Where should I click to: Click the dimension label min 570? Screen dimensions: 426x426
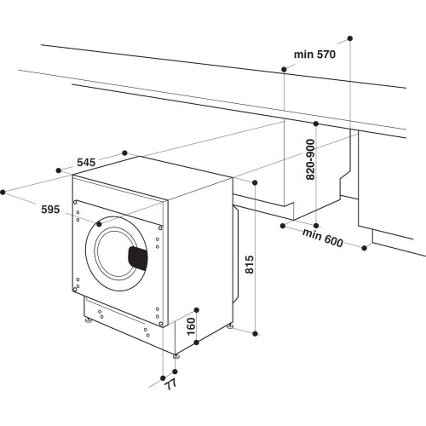(316, 55)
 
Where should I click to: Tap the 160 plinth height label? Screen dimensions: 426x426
(192, 326)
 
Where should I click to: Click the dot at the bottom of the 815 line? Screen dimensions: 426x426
(255, 331)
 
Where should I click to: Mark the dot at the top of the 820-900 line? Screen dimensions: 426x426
(316, 124)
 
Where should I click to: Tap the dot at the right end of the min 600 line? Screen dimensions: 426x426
(366, 248)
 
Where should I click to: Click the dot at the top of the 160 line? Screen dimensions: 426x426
(197, 310)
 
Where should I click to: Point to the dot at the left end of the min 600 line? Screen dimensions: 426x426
(283, 227)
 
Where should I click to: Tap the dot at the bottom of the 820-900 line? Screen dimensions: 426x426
(316, 217)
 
